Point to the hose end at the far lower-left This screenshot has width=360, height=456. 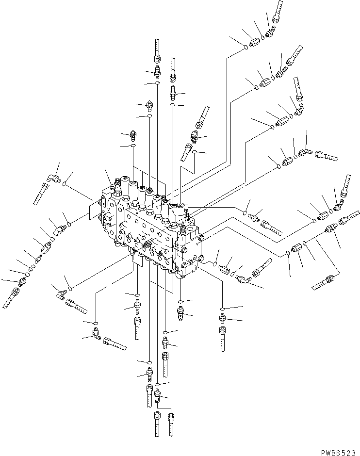10,299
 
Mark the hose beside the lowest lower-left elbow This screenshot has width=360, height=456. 115,344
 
